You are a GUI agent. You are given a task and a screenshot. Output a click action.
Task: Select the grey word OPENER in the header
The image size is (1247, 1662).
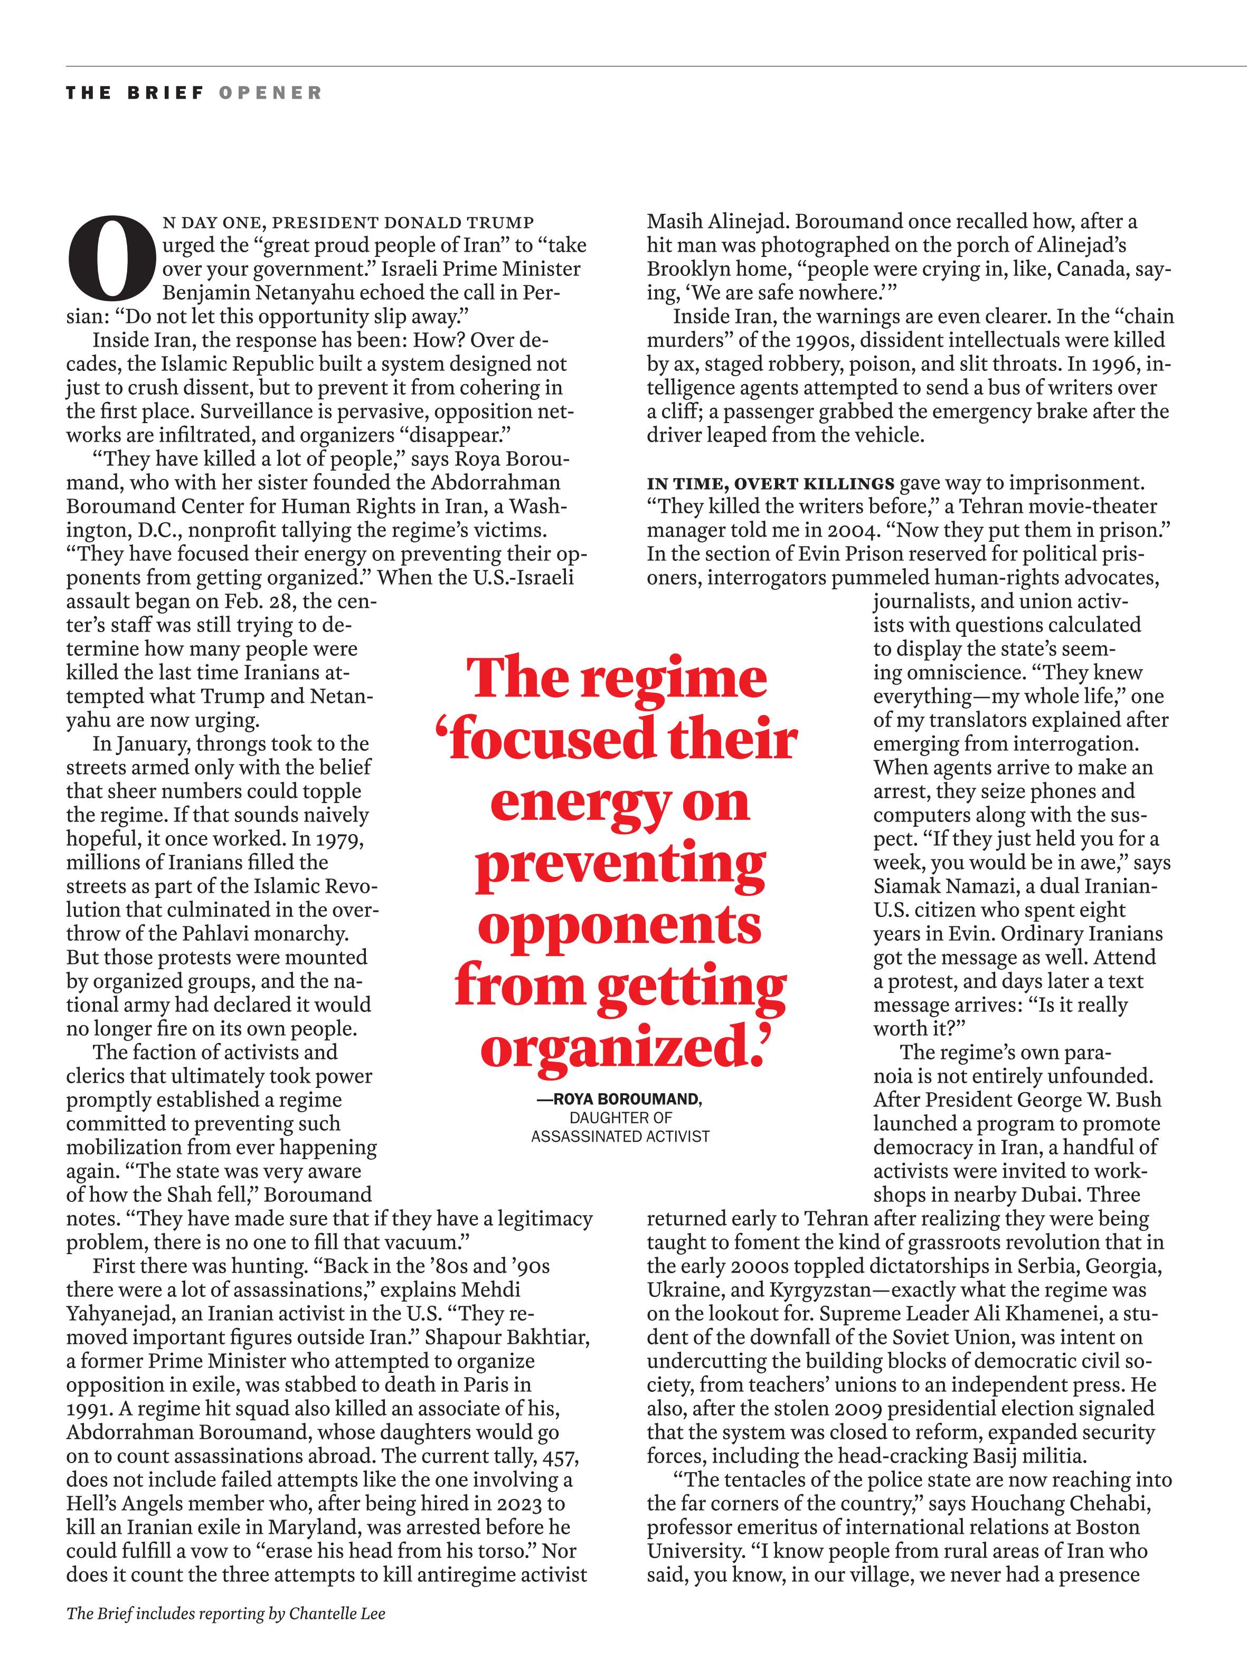pyautogui.click(x=271, y=93)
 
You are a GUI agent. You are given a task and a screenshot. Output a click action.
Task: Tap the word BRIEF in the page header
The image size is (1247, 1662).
pyautogui.click(x=165, y=93)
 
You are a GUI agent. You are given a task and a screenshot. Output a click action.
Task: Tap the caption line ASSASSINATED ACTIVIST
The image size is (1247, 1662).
pyautogui.click(x=620, y=1136)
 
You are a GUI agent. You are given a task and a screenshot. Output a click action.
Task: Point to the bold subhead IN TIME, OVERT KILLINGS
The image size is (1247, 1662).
pyautogui.click(x=770, y=483)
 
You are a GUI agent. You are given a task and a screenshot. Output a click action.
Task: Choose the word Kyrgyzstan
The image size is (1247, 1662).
pyautogui.click(x=820, y=1290)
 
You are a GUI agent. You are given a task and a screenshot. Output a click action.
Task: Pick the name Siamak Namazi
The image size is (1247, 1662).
pyautogui.click(x=943, y=886)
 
